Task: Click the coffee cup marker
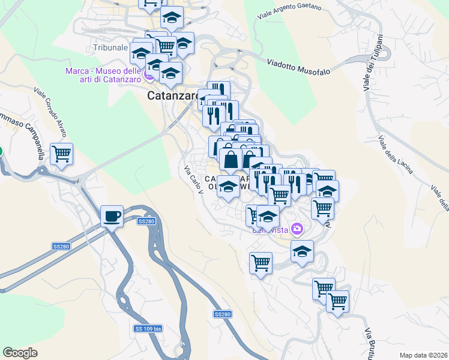tap(112, 216)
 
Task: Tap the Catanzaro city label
tap(173, 96)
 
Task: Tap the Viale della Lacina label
tap(395, 155)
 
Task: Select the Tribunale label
tap(111, 47)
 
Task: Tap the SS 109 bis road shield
tap(148, 329)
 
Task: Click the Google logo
tap(20, 353)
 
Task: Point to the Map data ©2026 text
tap(423, 355)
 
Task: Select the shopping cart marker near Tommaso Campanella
tap(61, 154)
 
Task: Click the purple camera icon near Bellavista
tap(297, 229)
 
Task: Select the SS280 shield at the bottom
tap(222, 314)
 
